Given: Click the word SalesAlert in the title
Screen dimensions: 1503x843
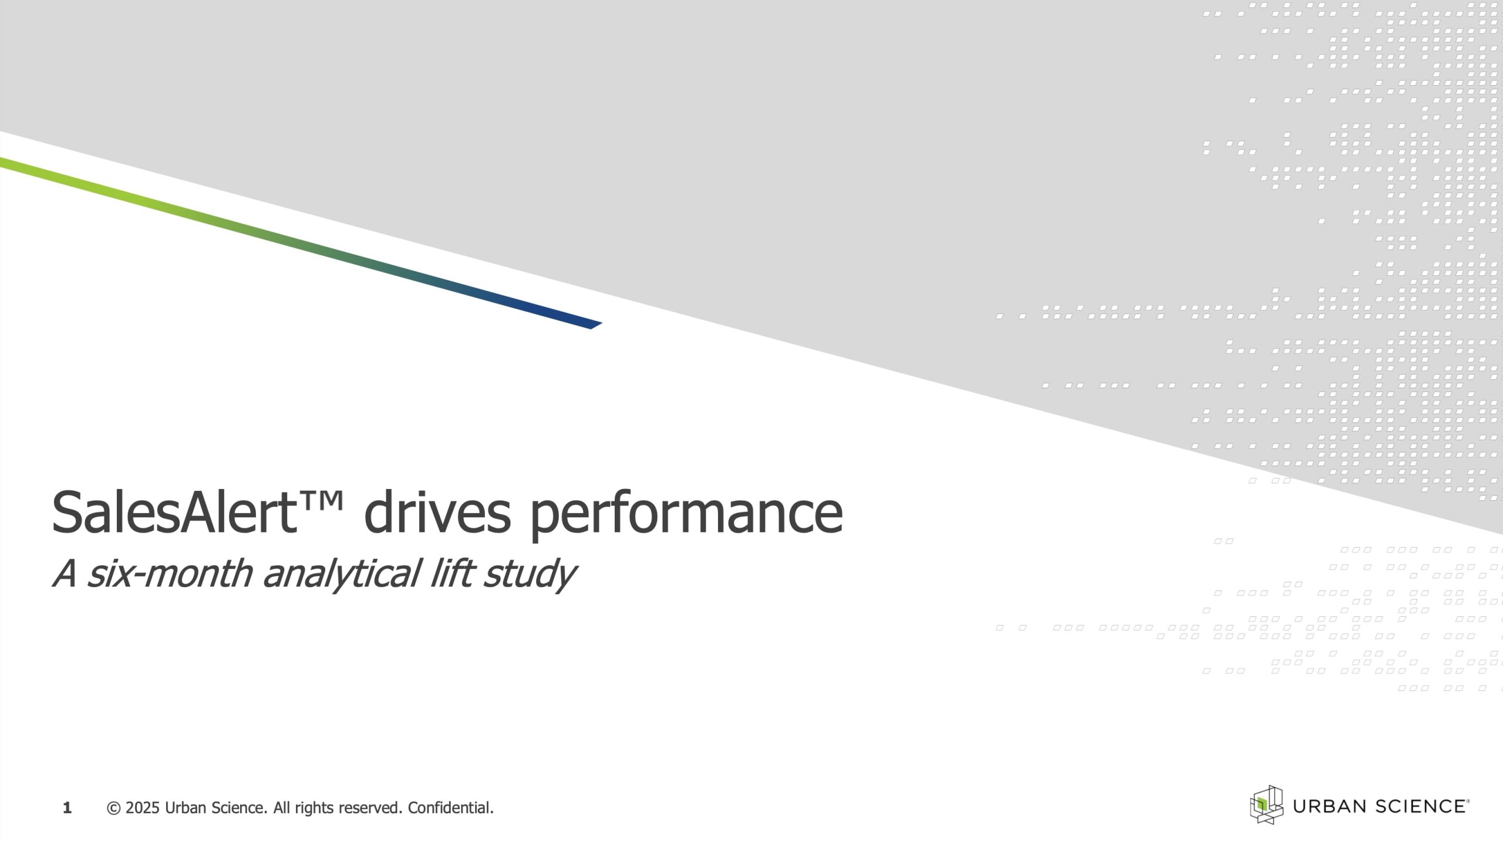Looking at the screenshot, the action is (x=174, y=512).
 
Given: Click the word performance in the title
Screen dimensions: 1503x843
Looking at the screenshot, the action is (x=686, y=515).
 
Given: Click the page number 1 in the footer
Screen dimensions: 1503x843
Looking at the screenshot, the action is (x=67, y=808).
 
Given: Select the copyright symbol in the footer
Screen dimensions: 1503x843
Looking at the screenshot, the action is (x=114, y=808).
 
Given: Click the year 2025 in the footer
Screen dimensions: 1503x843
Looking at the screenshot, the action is (x=143, y=808).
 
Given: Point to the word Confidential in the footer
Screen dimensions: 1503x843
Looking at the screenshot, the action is (x=450, y=808).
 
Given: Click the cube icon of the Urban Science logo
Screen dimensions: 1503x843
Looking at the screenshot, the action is (x=1266, y=804).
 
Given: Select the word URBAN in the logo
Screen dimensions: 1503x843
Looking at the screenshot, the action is (x=1329, y=807).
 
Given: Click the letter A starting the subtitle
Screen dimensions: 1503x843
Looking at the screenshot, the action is (x=65, y=574).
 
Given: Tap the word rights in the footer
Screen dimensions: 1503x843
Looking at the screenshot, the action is (x=311, y=809).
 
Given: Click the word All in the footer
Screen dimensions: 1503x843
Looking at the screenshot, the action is (x=282, y=808).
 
